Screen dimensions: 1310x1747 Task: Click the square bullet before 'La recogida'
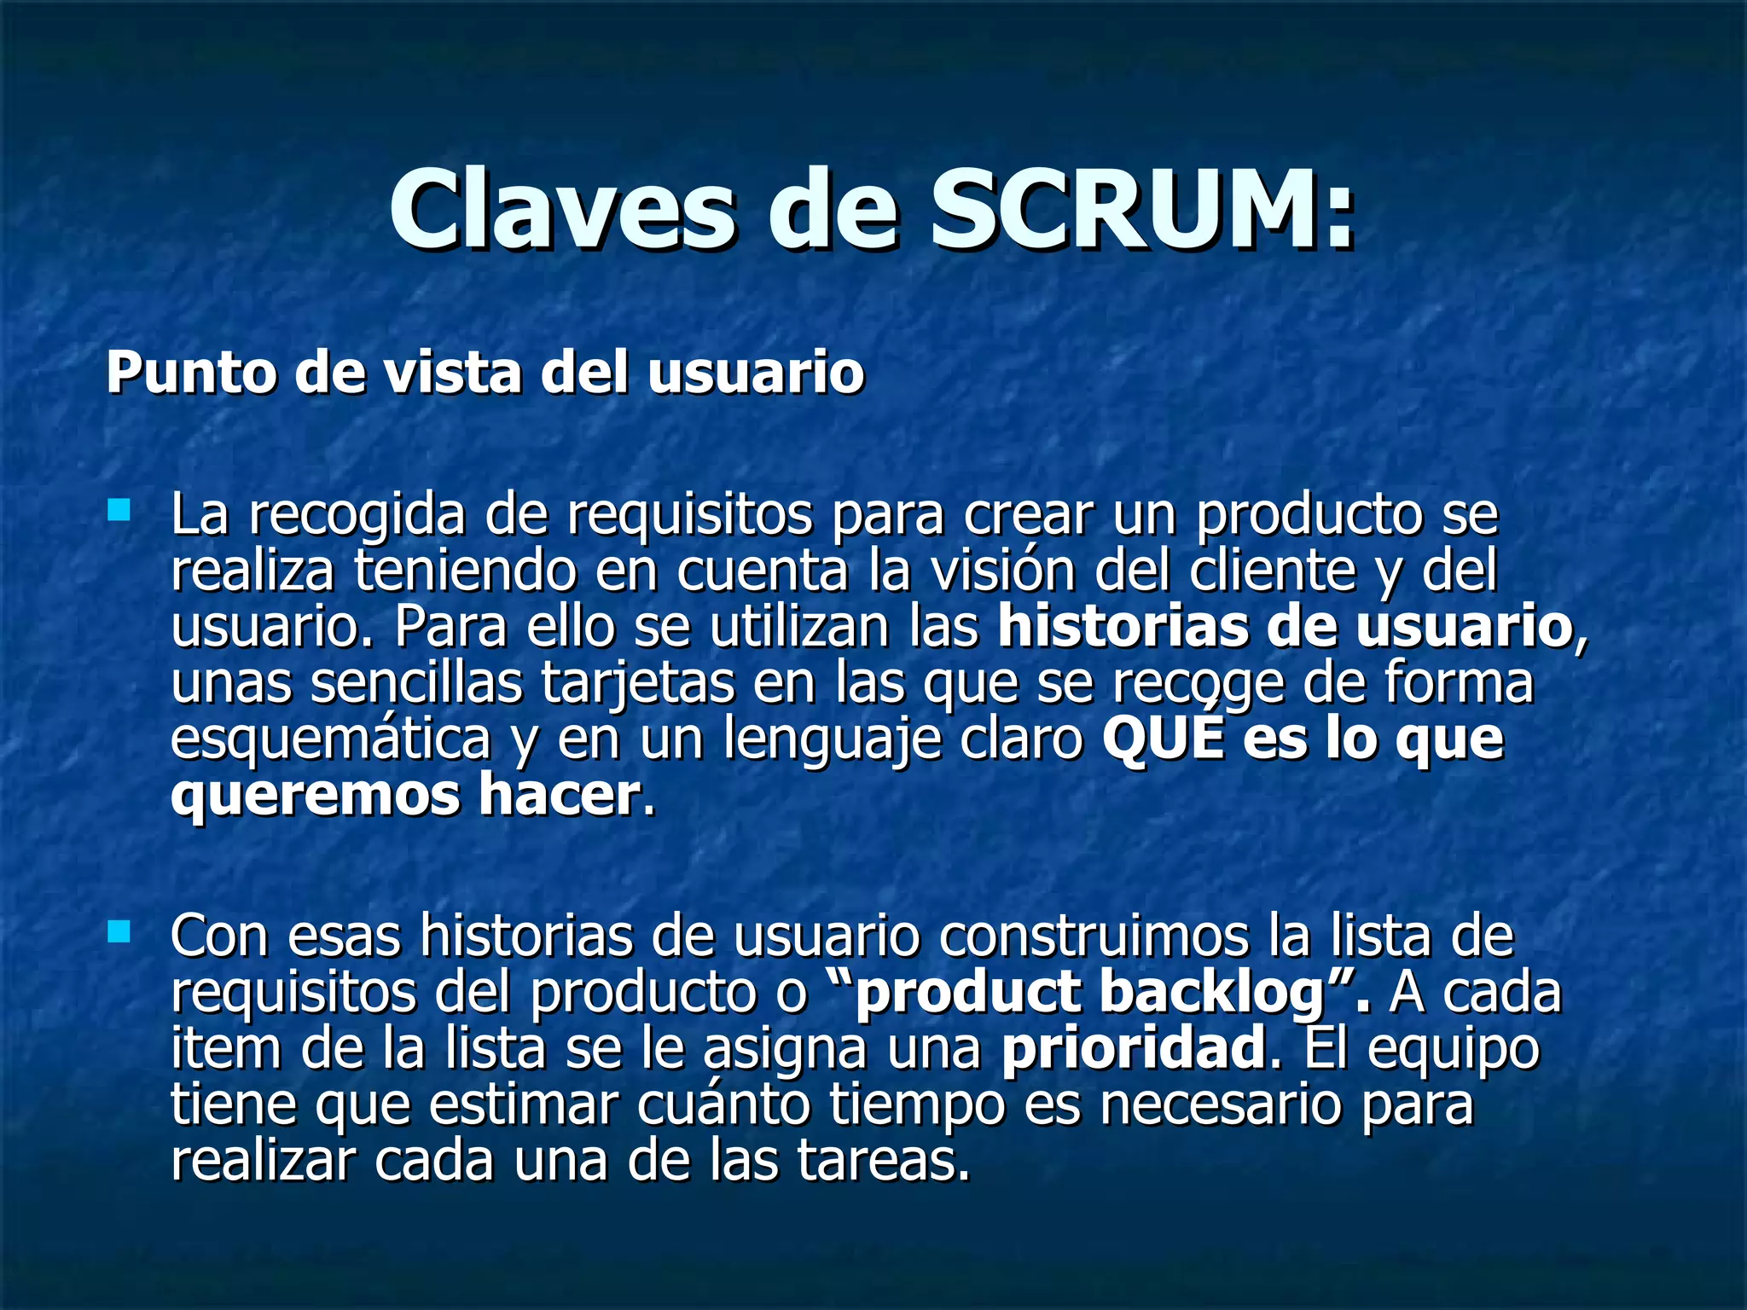pos(119,511)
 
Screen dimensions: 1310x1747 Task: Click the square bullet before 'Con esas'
pos(119,930)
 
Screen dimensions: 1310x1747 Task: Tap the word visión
pos(1002,571)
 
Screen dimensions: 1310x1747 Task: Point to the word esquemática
pos(331,739)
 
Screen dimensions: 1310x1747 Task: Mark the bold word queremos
pos(316,795)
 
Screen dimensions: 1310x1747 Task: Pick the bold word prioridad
pos(1134,1048)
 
